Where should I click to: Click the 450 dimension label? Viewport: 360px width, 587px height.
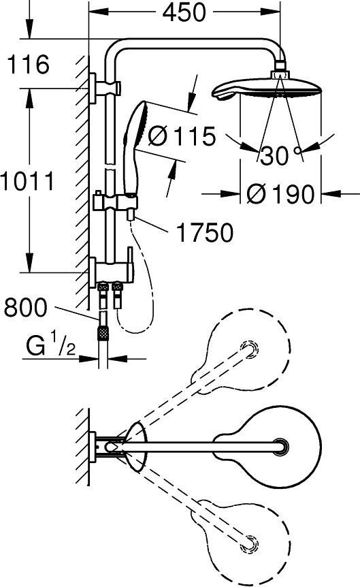[x=184, y=12]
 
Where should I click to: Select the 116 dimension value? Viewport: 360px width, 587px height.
[x=28, y=64]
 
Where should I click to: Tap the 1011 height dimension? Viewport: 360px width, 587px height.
[x=27, y=182]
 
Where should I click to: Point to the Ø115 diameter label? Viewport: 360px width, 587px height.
[x=182, y=136]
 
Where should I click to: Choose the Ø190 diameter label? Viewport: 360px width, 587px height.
[x=280, y=194]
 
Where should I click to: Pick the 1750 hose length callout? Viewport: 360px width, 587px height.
[x=204, y=232]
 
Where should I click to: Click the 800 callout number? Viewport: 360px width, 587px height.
[x=26, y=307]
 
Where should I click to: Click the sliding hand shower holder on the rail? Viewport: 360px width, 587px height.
[x=115, y=202]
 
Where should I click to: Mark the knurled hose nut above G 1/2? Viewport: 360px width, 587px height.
[x=103, y=332]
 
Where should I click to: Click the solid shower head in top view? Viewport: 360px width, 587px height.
[x=267, y=447]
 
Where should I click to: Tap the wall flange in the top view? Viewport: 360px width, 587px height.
[x=92, y=447]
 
